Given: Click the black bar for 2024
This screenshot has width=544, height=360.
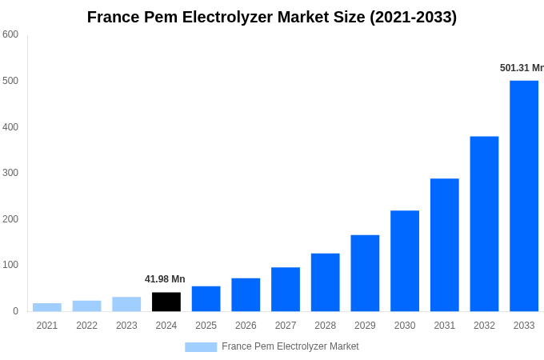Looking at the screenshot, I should (x=166, y=302).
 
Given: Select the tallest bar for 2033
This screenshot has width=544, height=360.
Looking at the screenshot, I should (x=524, y=196).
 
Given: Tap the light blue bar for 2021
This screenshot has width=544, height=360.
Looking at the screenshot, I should (x=47, y=307).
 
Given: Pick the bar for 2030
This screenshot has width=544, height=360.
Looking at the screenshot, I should (x=405, y=261).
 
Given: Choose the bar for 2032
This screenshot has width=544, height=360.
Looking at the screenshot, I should (x=484, y=224).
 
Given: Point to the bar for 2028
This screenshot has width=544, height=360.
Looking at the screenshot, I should (x=326, y=282).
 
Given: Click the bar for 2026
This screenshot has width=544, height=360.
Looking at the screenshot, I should (x=246, y=294).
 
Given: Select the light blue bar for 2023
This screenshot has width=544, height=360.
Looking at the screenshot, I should (x=126, y=304).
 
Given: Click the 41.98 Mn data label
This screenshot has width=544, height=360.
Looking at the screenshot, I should (x=165, y=279).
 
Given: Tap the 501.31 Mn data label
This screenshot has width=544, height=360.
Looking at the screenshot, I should (x=522, y=68).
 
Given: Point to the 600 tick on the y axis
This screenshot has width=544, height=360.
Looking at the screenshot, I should (x=10, y=34).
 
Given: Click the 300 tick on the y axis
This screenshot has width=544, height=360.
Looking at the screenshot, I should (x=10, y=173).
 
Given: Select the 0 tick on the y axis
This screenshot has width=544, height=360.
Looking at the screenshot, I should (x=15, y=311).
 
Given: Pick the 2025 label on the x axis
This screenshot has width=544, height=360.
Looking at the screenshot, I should (x=206, y=326).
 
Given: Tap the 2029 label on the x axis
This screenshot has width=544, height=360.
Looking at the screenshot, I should (x=365, y=326).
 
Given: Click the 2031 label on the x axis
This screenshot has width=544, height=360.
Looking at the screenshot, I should (x=444, y=326).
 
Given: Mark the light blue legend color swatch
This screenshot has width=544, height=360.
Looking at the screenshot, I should (x=201, y=346).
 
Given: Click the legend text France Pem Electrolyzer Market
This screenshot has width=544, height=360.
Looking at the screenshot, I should (x=290, y=346).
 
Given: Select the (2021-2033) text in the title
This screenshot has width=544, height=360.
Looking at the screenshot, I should (x=413, y=17).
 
